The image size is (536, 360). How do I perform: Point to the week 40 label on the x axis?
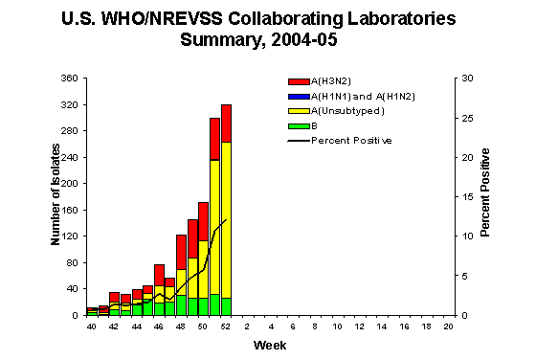click(92, 327)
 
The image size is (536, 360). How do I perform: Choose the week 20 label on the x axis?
click(448, 327)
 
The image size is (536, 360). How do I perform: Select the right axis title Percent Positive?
click(487, 196)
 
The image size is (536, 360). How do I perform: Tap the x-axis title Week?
click(267, 344)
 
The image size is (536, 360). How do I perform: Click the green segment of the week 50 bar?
click(204, 306)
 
